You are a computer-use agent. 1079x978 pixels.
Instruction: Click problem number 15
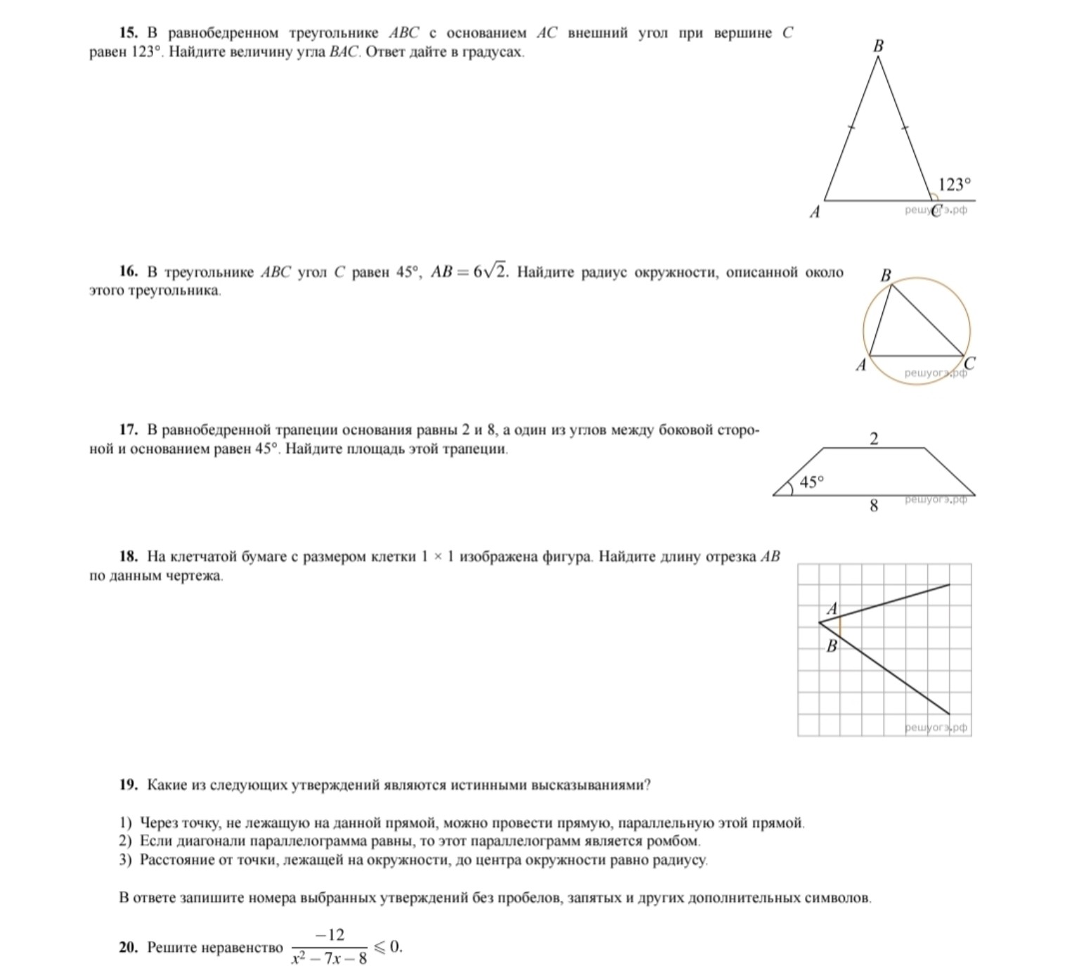pyautogui.click(x=129, y=33)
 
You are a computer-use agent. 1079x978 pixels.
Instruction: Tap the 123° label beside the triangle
pyautogui.click(x=954, y=185)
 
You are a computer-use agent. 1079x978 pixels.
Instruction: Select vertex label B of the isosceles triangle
pyautogui.click(x=878, y=46)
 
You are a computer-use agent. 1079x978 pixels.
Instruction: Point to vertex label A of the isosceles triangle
pyautogui.click(x=815, y=212)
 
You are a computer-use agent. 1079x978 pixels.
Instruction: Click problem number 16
pyautogui.click(x=129, y=272)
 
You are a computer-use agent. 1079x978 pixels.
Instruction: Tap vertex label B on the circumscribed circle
pyautogui.click(x=886, y=276)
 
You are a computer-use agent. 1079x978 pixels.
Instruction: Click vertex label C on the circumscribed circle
pyautogui.click(x=969, y=363)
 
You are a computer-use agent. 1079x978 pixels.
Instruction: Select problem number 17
pyautogui.click(x=129, y=430)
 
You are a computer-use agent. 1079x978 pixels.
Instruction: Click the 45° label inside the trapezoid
pyautogui.click(x=811, y=482)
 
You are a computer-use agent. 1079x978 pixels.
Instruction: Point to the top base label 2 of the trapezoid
pyautogui.click(x=874, y=440)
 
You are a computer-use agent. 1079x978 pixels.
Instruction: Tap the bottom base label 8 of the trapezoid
pyautogui.click(x=874, y=505)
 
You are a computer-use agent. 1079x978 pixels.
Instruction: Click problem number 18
pyautogui.click(x=129, y=557)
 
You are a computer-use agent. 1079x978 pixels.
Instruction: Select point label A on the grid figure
pyautogui.click(x=832, y=609)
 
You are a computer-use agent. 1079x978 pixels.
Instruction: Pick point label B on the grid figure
pyautogui.click(x=832, y=646)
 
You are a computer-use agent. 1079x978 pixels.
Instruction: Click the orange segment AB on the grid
pyautogui.click(x=840, y=627)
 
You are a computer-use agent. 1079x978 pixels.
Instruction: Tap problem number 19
pyautogui.click(x=129, y=785)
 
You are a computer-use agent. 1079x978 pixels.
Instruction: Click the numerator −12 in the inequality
pyautogui.click(x=329, y=935)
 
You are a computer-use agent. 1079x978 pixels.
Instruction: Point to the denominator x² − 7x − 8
pyautogui.click(x=329, y=958)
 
